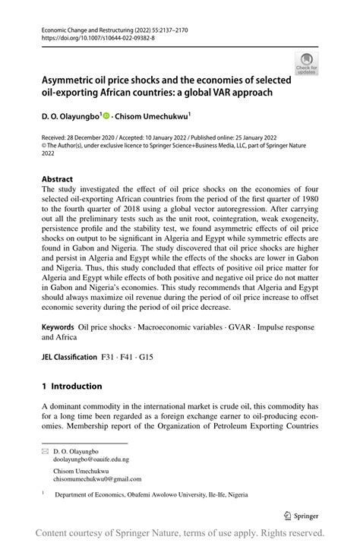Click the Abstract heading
pyautogui.click(x=57, y=180)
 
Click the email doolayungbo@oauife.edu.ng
pyautogui.click(x=91, y=459)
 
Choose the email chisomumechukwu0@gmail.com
pyautogui.click(x=98, y=479)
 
